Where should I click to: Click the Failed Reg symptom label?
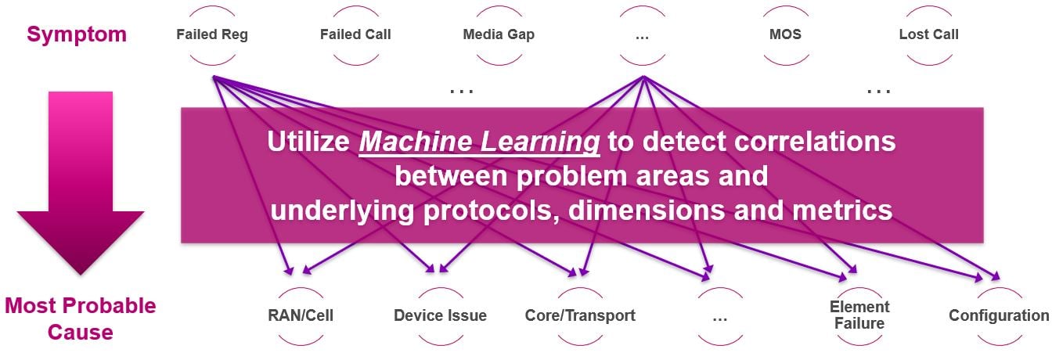coord(212,34)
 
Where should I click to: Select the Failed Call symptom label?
coord(355,34)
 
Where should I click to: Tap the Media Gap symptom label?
coord(499,34)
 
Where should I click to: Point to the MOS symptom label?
coord(785,34)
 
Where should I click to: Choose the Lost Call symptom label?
coord(928,34)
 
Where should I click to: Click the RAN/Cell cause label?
coord(301,316)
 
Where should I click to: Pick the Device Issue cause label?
coord(440,316)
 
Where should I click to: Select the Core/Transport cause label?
coord(580,316)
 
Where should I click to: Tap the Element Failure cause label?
coord(859,315)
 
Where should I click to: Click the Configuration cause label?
coord(998,316)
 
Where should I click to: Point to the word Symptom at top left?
coord(76,34)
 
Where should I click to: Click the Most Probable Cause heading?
coord(80,319)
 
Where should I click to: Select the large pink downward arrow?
coord(81,180)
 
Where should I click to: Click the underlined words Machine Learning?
coord(480,142)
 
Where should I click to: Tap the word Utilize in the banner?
coord(308,142)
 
